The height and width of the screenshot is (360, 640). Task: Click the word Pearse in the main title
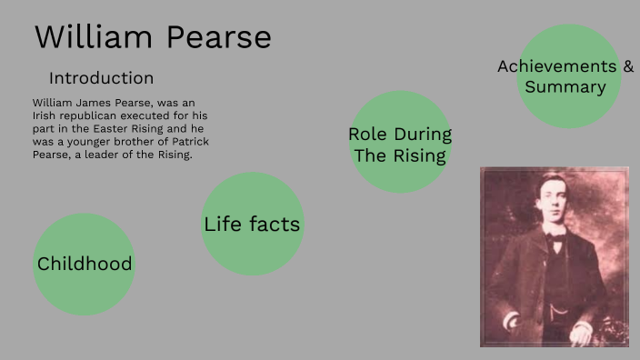point(218,37)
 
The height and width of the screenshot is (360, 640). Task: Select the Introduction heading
point(101,78)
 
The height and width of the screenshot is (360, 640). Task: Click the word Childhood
point(85,265)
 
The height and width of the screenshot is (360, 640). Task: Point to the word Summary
point(565,87)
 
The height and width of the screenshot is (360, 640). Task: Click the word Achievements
point(557,66)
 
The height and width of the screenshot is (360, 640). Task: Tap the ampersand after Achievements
point(628,66)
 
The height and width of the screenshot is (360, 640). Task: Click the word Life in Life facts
point(221,224)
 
